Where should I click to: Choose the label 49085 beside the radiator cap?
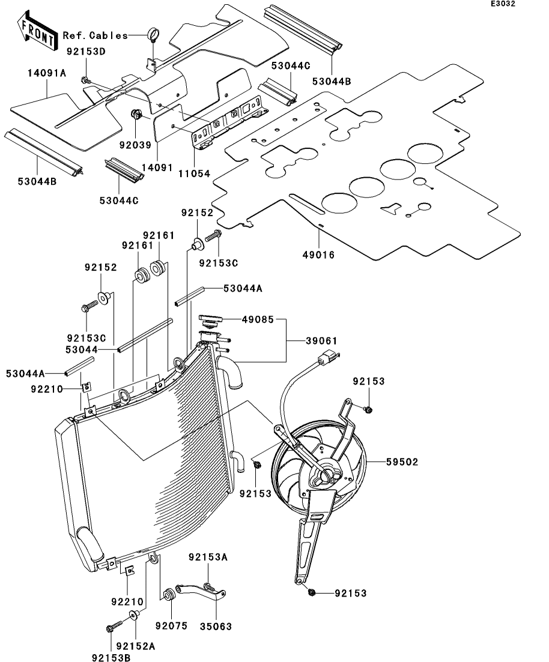pyautogui.click(x=258, y=320)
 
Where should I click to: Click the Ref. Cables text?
pyautogui.click(x=96, y=35)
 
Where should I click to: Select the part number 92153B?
pyautogui.click(x=111, y=657)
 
